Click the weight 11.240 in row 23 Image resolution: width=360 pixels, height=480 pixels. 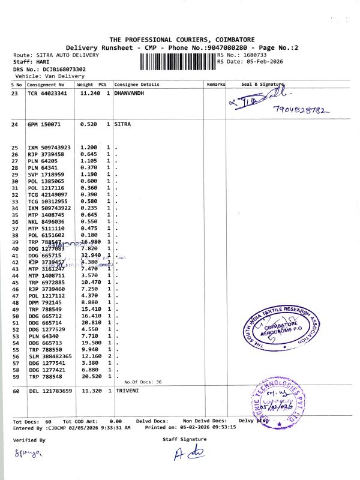(89, 94)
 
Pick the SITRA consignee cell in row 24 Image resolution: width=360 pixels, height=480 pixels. (122, 124)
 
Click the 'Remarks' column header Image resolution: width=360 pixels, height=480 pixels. (216, 85)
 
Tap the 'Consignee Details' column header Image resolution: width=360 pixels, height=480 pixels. (137, 85)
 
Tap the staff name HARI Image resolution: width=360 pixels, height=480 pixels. (42, 62)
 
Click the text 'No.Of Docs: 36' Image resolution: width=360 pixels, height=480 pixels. (143, 382)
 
